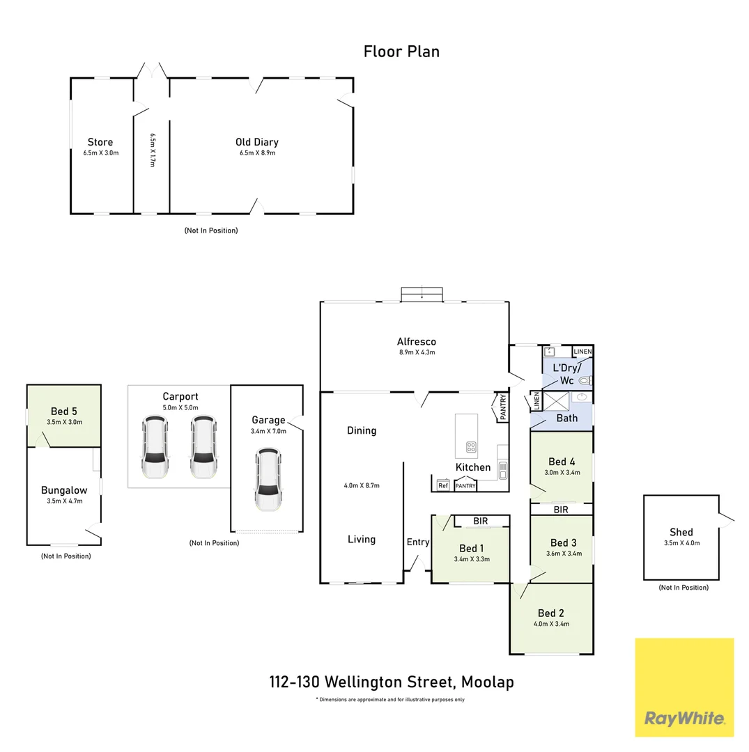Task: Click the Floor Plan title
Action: tap(401, 51)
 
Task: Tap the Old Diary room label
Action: tap(256, 142)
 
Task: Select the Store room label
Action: tap(100, 142)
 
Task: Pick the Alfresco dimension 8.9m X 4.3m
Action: tap(416, 352)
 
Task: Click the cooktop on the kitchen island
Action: tap(472, 446)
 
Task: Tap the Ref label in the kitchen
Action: tap(443, 486)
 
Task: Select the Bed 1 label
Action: tap(472, 547)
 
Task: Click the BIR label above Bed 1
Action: tap(480, 521)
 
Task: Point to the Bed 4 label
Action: tap(562, 462)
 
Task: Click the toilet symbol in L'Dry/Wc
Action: tap(585, 381)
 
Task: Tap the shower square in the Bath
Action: tap(556, 402)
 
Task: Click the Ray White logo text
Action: tap(684, 718)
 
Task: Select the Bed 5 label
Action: tap(64, 411)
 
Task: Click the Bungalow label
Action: tap(64, 490)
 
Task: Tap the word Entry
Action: tap(418, 542)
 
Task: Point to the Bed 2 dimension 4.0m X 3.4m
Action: tap(551, 624)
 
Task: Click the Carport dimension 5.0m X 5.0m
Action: tap(180, 407)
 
